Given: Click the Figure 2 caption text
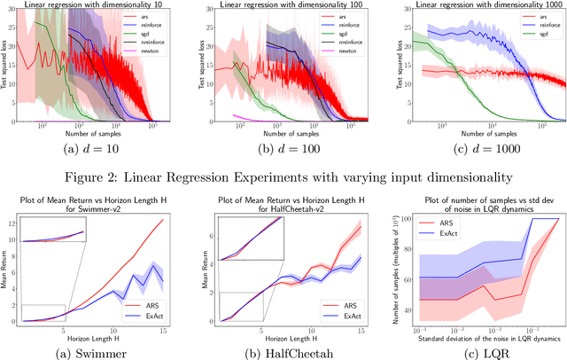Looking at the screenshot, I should [x=283, y=166].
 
